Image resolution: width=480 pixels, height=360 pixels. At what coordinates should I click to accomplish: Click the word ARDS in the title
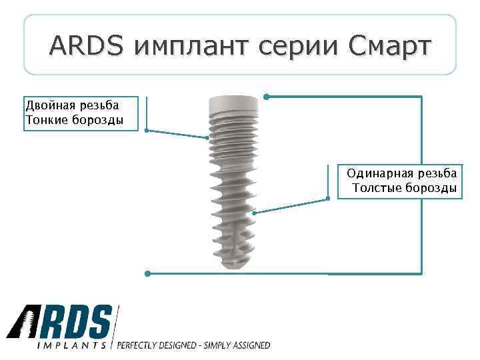coord(86,46)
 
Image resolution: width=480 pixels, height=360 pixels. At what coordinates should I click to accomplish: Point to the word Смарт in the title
coord(389,46)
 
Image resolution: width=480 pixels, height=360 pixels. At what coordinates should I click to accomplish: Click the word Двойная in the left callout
coord(49,105)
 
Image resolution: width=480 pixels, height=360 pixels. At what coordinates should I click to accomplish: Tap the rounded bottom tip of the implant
coord(233,265)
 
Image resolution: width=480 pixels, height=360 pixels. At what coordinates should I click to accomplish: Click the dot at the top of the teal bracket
coord(266,97)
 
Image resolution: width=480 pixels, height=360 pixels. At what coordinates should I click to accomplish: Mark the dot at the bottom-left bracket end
coord(147,273)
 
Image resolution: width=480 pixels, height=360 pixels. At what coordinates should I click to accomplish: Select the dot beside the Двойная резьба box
coord(147,131)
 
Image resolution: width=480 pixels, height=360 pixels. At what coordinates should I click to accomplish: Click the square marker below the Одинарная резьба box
coord(328,199)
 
